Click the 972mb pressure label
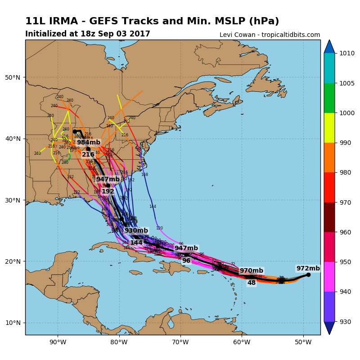pos(308,268)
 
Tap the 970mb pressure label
pos(251,271)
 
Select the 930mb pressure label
pos(136,231)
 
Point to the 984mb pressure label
pos(89,143)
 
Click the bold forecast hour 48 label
pos(251,283)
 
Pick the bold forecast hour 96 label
pos(186,261)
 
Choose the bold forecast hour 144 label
pos(136,243)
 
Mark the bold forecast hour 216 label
pos(88,154)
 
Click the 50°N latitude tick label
pos(12,77)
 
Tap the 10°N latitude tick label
pos(12,323)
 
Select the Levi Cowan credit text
pos(270,35)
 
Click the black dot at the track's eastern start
pos(308,274)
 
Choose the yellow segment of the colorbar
pos(329,128)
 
